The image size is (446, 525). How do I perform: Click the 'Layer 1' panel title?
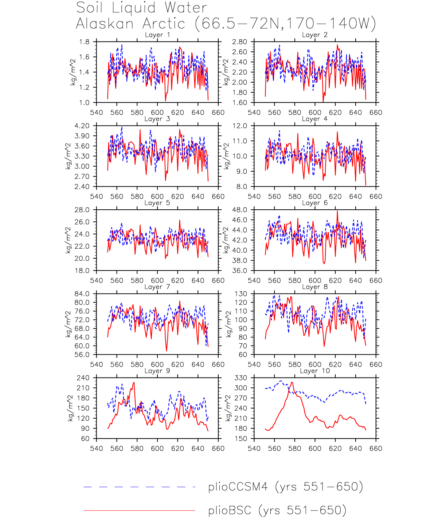157,35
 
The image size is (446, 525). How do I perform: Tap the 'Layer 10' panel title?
314,371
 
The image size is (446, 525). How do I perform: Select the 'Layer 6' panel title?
314,203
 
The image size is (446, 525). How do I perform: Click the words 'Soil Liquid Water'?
142,8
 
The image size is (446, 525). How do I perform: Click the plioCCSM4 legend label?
285,486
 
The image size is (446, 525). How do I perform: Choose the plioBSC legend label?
277,510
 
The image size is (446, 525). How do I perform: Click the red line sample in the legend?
139,510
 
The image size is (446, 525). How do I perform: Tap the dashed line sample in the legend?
139,487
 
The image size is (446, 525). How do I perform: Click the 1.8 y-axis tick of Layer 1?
84,42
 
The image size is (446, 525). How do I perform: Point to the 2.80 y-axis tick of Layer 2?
239,42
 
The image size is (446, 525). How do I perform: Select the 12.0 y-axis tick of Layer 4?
240,126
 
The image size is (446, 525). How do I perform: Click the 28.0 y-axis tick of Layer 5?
82,210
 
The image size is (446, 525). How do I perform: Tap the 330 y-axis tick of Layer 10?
241,378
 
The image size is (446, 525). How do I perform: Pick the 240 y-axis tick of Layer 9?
83,378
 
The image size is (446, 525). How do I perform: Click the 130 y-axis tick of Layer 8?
241,294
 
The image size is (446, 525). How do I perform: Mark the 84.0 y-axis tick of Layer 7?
82,294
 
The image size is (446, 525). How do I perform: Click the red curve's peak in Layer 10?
292,382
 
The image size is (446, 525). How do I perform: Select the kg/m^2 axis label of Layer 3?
68,156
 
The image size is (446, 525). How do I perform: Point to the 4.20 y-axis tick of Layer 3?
82,126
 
